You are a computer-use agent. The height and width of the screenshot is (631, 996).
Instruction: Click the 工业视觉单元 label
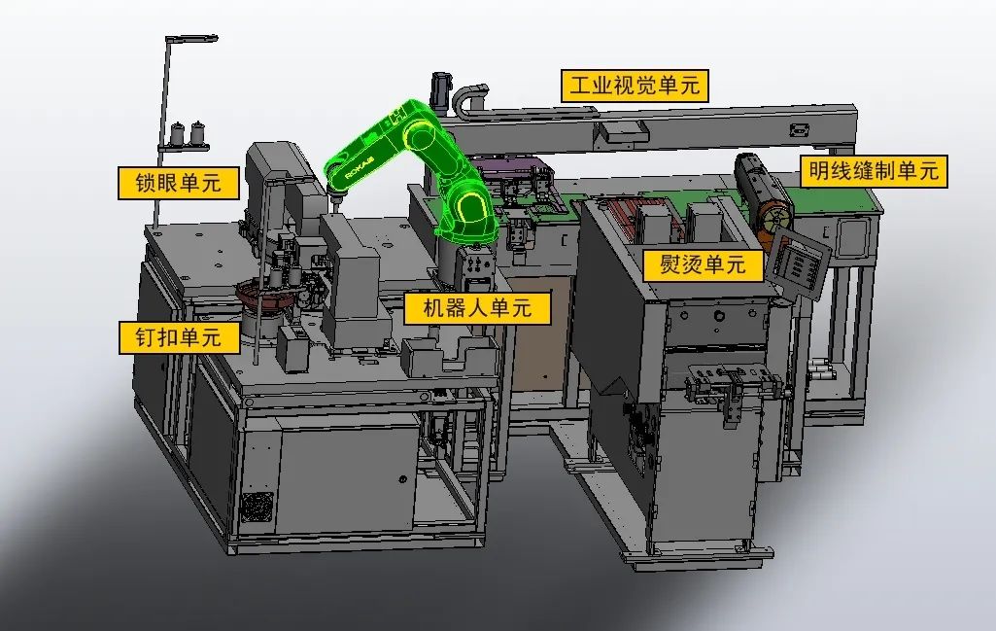click(635, 86)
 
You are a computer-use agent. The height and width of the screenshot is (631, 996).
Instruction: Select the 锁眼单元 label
click(178, 183)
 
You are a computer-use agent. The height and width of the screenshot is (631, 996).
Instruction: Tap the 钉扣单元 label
click(179, 336)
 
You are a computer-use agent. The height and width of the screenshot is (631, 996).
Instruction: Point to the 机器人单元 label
click(477, 307)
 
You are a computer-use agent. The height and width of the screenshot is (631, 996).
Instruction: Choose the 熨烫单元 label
click(703, 263)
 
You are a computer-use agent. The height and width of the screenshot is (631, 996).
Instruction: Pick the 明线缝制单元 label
click(874, 171)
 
